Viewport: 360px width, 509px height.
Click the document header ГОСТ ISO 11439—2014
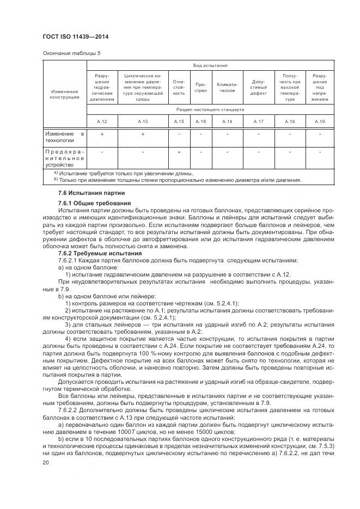75,37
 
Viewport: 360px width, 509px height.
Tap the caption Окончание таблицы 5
71,53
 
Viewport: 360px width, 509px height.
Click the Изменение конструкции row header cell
64,94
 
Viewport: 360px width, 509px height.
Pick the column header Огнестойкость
179,88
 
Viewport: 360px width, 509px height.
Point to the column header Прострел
200,88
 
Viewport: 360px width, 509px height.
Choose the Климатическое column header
227,88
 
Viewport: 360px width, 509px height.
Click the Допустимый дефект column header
259,88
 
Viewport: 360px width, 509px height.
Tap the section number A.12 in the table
102,121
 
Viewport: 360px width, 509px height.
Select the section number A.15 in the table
179,121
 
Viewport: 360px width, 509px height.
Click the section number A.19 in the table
320,121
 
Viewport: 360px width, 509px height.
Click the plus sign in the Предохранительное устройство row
179,152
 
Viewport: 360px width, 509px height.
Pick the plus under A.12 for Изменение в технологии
102,133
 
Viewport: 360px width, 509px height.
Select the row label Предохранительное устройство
64,158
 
